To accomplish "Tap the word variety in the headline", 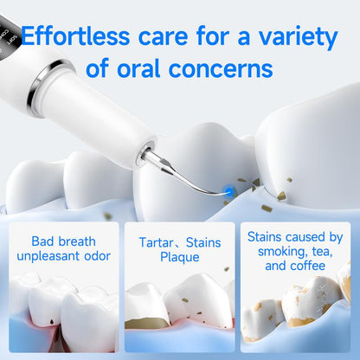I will (291, 37).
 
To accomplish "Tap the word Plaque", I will (180, 257).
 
